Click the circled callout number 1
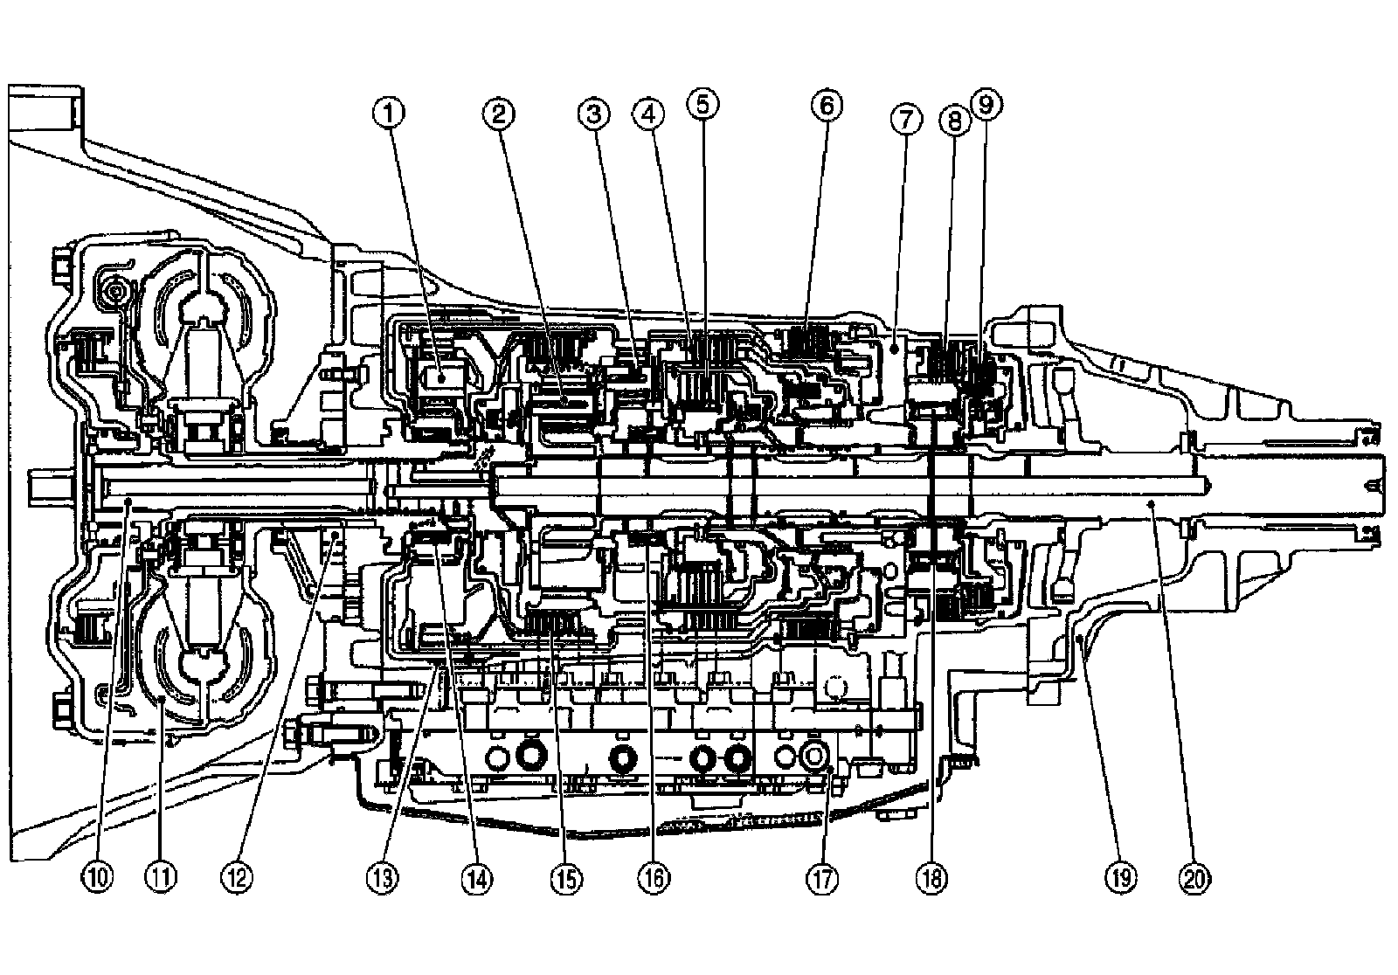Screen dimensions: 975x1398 391,112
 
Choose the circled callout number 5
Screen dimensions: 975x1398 702,104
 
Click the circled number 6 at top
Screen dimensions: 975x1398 826,105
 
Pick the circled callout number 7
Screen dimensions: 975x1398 906,120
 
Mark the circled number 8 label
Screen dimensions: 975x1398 954,120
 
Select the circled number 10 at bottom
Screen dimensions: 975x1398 98,876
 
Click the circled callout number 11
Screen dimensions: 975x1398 162,876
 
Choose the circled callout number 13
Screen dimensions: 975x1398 382,876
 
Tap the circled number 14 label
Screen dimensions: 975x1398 477,876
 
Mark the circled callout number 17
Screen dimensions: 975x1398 821,878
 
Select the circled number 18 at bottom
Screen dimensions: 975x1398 931,878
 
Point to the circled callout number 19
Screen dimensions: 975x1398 1121,876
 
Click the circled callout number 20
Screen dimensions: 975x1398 1194,876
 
